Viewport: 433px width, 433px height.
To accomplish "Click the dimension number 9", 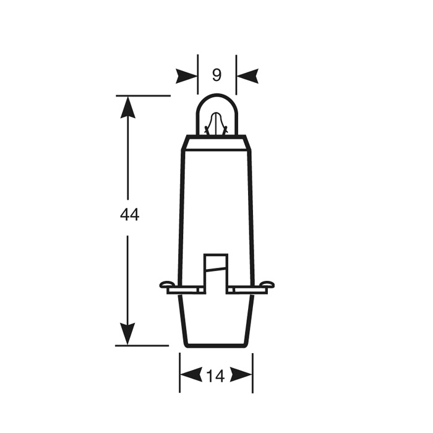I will pos(216,75).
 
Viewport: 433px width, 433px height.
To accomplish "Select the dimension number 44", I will pos(129,215).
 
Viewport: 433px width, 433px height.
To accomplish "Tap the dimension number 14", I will pos(216,375).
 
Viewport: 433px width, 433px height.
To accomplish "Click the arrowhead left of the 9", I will pos(186,76).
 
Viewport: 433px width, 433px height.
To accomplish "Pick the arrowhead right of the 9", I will pos(247,76).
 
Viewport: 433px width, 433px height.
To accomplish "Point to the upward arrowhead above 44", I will pos(128,108).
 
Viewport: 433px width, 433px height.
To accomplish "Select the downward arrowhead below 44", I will pos(128,333).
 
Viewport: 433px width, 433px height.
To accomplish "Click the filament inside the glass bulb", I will pos(216,124).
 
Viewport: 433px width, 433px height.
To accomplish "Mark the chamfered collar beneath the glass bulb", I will pos(216,142).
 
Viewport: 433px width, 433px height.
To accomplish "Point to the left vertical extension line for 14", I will pos(180,371).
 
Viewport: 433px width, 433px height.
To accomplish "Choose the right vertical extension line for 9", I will pos(236,68).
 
